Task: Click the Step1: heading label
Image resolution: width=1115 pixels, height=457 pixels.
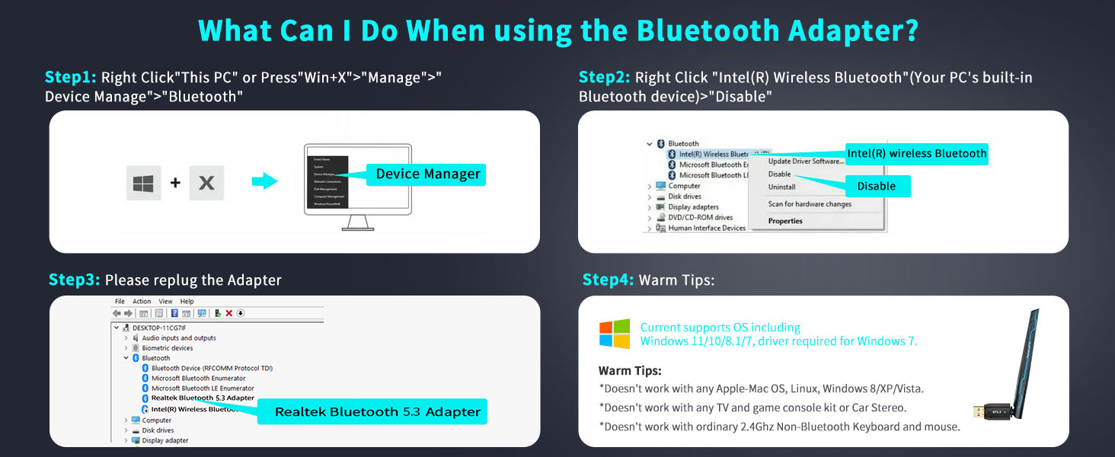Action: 71,77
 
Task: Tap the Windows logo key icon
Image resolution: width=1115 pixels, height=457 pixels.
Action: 143,183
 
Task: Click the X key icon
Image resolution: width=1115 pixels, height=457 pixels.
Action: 206,183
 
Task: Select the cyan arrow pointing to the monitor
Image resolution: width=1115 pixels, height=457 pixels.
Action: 265,182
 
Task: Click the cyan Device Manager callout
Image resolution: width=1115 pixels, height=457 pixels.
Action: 427,174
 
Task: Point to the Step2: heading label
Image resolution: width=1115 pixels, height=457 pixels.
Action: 605,77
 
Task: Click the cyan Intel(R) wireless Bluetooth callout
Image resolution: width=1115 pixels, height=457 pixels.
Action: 916,154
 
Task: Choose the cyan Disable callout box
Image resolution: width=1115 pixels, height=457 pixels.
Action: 876,186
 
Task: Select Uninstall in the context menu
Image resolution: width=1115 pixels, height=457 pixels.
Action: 781,187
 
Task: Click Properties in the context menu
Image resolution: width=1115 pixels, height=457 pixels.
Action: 785,221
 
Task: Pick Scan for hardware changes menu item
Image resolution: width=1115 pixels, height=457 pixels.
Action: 810,204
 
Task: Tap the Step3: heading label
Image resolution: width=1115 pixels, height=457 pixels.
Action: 74,280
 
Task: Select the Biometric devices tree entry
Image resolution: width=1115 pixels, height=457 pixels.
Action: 168,348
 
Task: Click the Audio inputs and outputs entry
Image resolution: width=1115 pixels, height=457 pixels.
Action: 178,338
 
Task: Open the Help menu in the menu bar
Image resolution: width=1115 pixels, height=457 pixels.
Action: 187,302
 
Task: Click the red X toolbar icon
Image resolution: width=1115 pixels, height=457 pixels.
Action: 228,313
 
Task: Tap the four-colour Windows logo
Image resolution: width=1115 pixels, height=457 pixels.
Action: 615,334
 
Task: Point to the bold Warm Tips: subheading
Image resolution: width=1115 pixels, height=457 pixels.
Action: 630,371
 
